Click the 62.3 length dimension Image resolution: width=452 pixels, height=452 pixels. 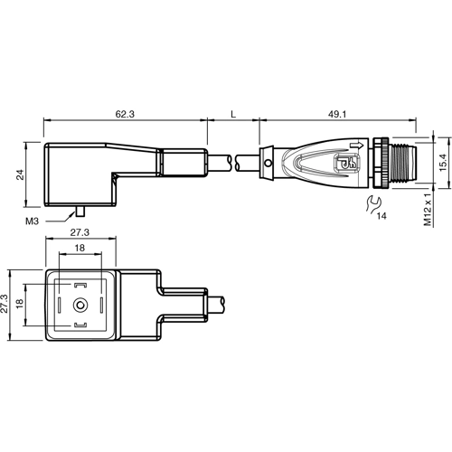pyautogui.click(x=126, y=116)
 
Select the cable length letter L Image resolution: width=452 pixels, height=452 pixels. pyautogui.click(x=233, y=116)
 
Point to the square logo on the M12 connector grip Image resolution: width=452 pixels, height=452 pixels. pyautogui.click(x=345, y=165)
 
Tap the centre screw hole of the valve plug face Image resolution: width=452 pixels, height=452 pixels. pyautogui.click(x=80, y=306)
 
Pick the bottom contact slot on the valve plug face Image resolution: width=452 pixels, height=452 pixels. pyautogui.click(x=80, y=325)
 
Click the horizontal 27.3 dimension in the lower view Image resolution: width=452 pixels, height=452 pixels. pyautogui.click(x=80, y=233)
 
